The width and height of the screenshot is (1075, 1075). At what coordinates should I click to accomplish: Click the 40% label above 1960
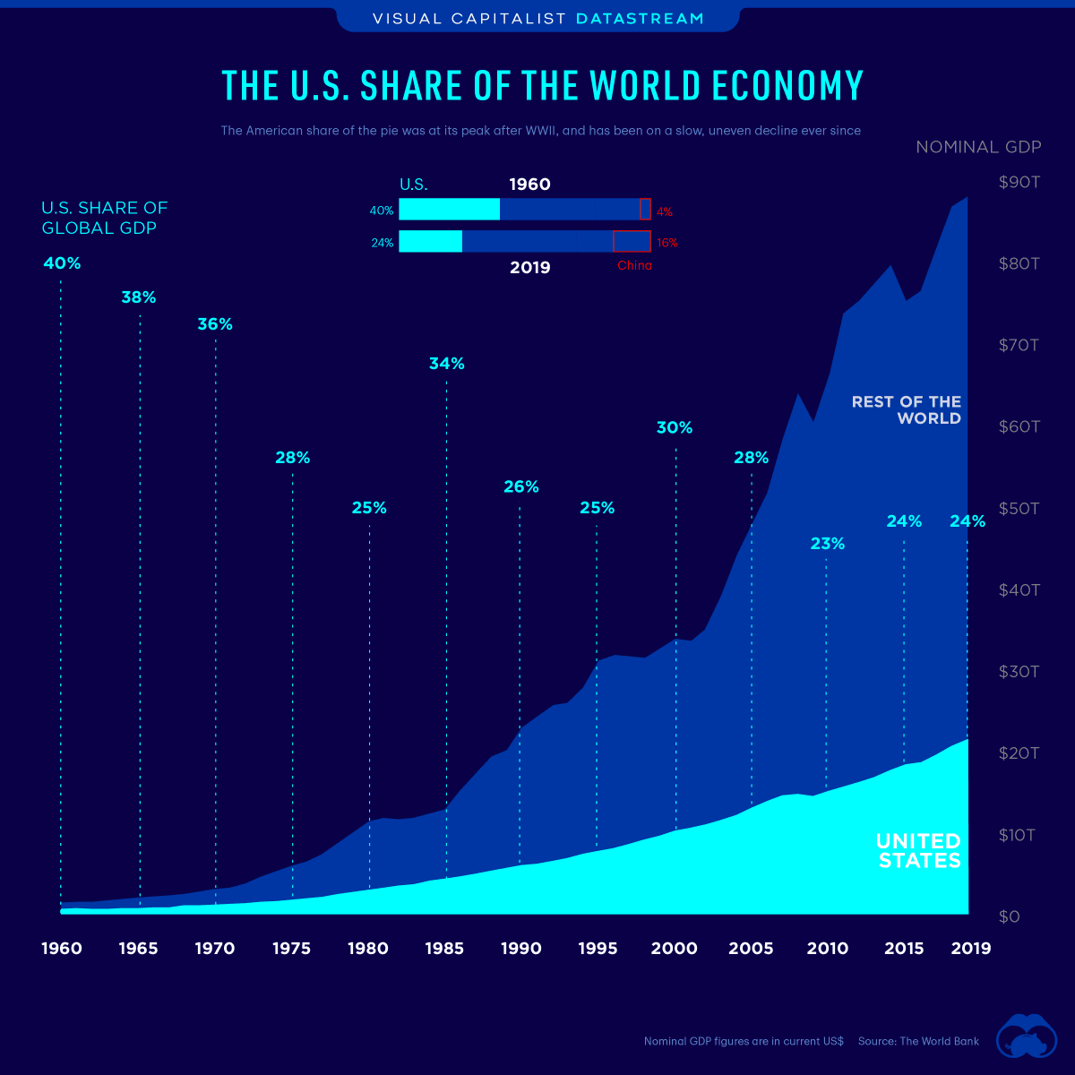coord(62,264)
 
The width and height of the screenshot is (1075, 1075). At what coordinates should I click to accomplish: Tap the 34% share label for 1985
coord(446,364)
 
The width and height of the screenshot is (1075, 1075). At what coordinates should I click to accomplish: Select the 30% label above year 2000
coord(675,428)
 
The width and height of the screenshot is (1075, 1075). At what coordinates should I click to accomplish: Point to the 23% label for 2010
coord(827,544)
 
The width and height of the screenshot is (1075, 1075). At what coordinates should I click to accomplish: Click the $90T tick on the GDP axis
coord(1019,183)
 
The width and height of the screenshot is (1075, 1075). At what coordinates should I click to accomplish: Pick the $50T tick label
coord(1019,509)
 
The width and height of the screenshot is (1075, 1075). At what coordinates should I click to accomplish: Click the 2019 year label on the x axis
coord(970,949)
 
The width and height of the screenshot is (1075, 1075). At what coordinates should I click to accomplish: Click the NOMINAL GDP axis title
coord(978,147)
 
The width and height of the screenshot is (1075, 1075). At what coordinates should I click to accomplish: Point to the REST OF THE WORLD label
coord(906,410)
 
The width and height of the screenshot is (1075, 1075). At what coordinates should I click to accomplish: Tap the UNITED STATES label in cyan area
coord(918,851)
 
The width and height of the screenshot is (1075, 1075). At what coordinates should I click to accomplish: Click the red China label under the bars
coord(634,266)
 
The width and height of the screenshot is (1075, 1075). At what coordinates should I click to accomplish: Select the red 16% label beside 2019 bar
coord(666,243)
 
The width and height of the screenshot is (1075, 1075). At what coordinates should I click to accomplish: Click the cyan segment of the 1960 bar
coord(449,210)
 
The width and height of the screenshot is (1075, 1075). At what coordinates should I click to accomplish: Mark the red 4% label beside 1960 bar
coord(664,212)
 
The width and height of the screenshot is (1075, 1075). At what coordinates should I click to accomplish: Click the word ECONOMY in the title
coord(788,86)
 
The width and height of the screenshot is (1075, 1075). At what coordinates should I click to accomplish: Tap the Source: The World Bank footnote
coord(918,1042)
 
